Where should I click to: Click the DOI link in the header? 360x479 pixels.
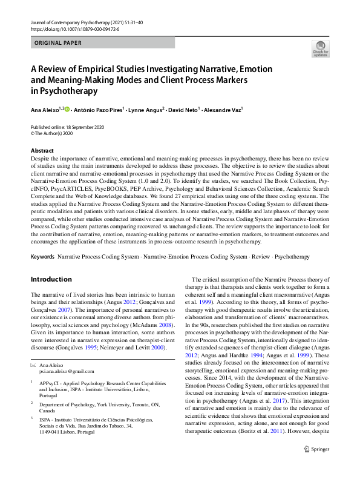click(x=70, y=28)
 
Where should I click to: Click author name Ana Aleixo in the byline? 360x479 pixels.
click(x=45, y=110)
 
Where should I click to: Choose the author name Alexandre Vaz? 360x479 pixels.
click(x=223, y=110)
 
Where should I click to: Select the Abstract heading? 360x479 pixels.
click(x=42, y=150)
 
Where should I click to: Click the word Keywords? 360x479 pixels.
click(x=42, y=257)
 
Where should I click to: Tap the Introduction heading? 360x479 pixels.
click(x=51, y=279)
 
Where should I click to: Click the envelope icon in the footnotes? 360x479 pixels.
click(x=33, y=366)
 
